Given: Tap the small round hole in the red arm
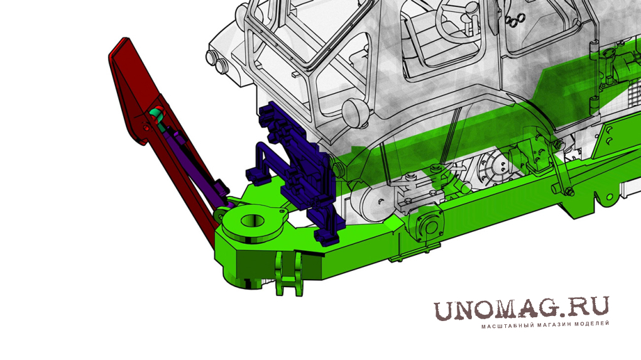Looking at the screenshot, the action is [x=146, y=128].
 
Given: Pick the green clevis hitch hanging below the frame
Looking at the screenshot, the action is [x=289, y=274].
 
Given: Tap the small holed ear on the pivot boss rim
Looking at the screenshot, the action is [x=281, y=212].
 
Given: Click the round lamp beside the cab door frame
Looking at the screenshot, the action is [x=354, y=111].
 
